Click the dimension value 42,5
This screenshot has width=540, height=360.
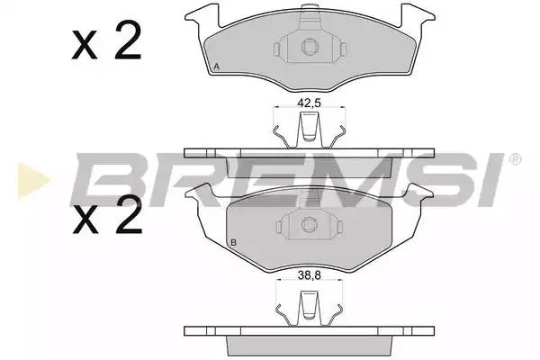click(309, 103)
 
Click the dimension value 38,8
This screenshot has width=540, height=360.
click(309, 275)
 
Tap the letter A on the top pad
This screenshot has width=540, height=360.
click(216, 67)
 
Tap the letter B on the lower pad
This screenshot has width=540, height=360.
click(233, 242)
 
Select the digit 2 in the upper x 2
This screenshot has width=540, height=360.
click(128, 40)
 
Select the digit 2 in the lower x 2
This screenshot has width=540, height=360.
click(129, 215)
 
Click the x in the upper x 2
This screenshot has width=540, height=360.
click(85, 45)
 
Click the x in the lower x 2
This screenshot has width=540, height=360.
click(85, 220)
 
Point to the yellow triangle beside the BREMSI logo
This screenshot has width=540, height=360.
click(33, 180)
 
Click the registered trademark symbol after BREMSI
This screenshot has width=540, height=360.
click(515, 159)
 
